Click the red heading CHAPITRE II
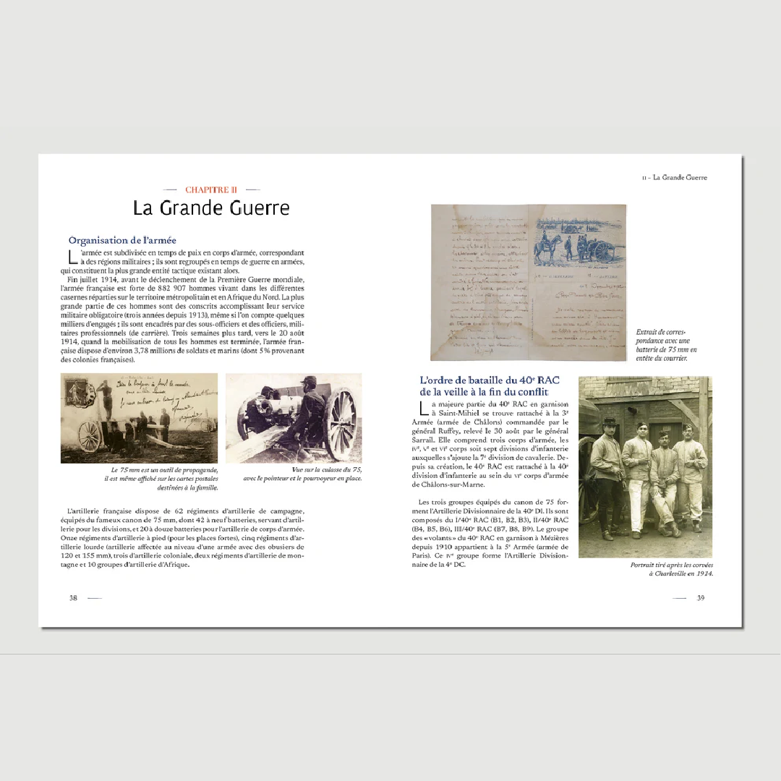211,190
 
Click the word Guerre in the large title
249,208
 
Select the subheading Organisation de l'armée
122,240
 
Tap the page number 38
73,598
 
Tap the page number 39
700,598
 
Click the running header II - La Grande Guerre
674,177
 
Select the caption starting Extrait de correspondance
666,345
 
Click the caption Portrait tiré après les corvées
671,569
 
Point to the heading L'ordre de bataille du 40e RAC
489,386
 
